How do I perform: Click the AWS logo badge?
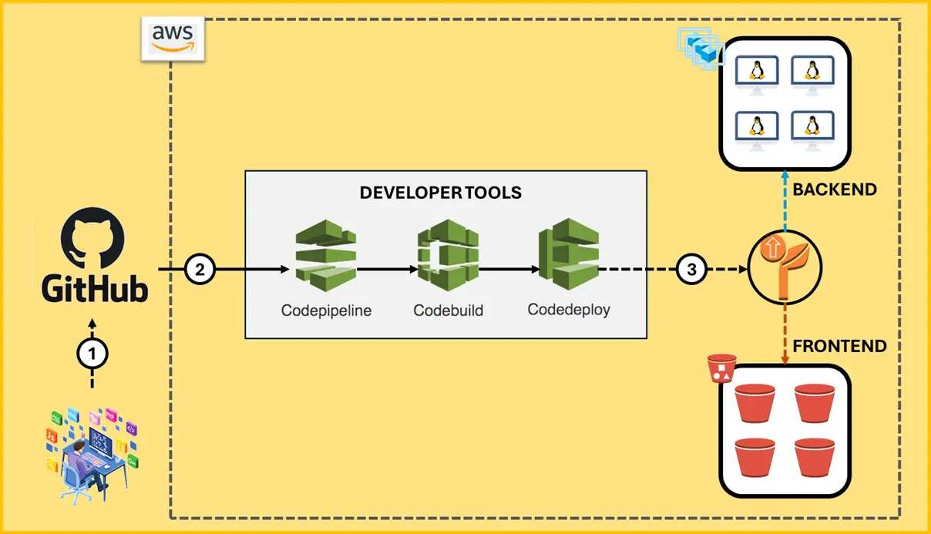(172, 37)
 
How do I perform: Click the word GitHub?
(94, 290)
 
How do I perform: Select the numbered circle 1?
(92, 354)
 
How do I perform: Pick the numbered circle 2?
(200, 270)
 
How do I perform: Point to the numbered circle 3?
(691, 270)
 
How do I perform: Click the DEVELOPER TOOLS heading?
(441, 193)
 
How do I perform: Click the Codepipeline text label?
(326, 311)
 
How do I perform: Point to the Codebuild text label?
(448, 311)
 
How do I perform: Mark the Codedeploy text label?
(569, 310)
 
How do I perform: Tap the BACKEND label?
(835, 190)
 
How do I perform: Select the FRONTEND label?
(839, 346)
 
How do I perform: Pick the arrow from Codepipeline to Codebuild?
(388, 270)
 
